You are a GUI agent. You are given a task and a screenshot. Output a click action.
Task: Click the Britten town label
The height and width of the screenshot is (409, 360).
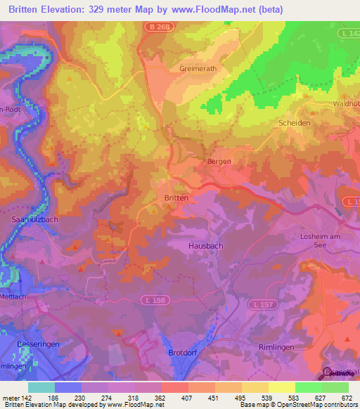tap(176, 198)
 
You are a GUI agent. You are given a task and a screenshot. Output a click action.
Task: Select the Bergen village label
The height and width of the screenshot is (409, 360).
tap(219, 161)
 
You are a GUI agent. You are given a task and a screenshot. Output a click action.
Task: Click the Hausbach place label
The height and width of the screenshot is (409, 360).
tap(205, 246)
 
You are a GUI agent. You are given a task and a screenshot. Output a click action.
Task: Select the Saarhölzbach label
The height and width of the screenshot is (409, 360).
tap(34, 221)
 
